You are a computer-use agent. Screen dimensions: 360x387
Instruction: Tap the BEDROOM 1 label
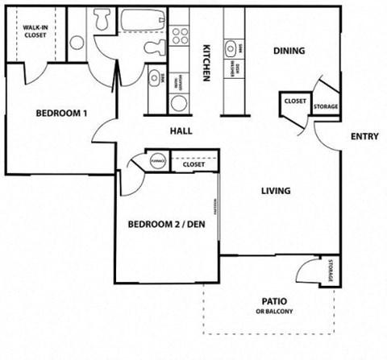tap(61, 114)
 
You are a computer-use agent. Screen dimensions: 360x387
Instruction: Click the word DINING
tap(289, 51)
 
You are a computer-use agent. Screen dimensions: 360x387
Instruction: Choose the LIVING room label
tap(276, 191)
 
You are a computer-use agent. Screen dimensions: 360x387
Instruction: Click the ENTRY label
tap(364, 137)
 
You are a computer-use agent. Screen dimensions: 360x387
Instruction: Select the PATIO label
tap(274, 301)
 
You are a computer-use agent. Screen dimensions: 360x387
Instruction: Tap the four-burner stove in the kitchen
tap(179, 36)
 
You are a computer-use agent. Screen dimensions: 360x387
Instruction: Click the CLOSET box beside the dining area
tap(294, 102)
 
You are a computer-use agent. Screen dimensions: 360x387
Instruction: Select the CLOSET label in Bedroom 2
tap(193, 164)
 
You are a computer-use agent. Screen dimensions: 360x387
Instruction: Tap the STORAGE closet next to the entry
tap(325, 101)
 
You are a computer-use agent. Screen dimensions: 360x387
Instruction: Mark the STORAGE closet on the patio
tap(331, 271)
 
